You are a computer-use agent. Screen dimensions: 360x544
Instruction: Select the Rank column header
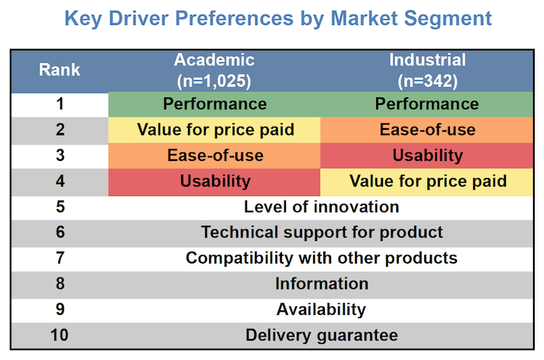pos(59,70)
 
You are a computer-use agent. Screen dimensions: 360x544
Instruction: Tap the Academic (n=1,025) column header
pos(214,70)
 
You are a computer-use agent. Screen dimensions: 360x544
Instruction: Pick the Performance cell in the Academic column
pos(214,104)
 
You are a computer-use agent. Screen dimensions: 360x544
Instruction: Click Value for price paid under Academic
pos(215,130)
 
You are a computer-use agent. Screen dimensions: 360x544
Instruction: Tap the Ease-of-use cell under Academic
pos(215,156)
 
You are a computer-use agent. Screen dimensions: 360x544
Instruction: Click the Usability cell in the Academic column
pos(215,181)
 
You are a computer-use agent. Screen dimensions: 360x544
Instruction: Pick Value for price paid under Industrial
pos(427,181)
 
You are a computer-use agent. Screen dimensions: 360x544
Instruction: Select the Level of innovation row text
pos(321,207)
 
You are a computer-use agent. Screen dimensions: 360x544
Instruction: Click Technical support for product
pos(321,232)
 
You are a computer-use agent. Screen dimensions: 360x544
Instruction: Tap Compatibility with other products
pos(321,257)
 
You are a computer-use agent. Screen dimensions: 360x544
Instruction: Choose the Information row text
pos(321,283)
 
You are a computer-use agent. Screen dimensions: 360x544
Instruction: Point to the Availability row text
pos(321,309)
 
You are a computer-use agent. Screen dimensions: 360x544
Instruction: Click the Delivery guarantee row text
pos(321,335)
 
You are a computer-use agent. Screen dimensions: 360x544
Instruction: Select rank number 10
pos(60,335)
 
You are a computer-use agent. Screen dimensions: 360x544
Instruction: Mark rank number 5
pos(60,207)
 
